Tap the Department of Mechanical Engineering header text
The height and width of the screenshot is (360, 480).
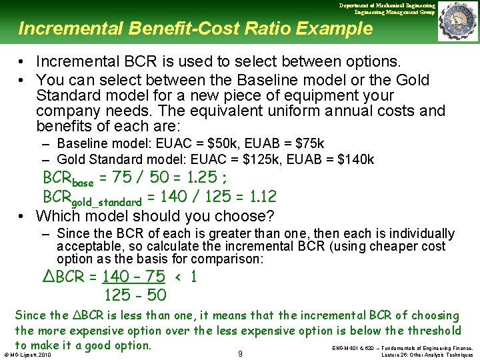(x=387, y=5)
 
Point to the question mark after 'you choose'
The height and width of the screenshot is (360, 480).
(x=270, y=216)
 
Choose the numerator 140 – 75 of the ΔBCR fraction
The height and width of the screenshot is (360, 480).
(x=133, y=277)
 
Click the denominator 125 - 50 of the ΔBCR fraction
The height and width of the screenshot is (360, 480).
(x=135, y=295)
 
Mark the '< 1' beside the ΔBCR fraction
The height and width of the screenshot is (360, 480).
(x=185, y=277)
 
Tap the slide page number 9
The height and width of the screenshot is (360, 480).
(x=240, y=353)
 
